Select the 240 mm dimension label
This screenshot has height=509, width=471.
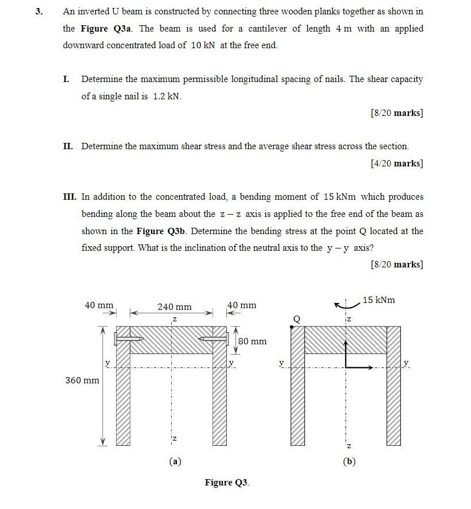175,307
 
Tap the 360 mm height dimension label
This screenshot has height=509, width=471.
82,380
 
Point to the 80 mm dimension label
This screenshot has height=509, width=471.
252,341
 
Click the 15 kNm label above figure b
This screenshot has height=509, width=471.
379,300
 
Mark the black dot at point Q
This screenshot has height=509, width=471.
292,326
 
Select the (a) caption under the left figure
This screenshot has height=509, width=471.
175,461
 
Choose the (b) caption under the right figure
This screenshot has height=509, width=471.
349,461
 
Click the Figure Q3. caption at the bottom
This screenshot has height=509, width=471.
227,482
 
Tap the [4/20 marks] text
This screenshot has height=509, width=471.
397,164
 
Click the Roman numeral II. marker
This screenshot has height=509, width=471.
68,146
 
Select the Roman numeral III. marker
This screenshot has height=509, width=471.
70,197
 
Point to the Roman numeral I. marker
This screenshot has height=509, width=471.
66,79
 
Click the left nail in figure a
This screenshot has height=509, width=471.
129,339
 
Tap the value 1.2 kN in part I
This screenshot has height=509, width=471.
167,96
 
